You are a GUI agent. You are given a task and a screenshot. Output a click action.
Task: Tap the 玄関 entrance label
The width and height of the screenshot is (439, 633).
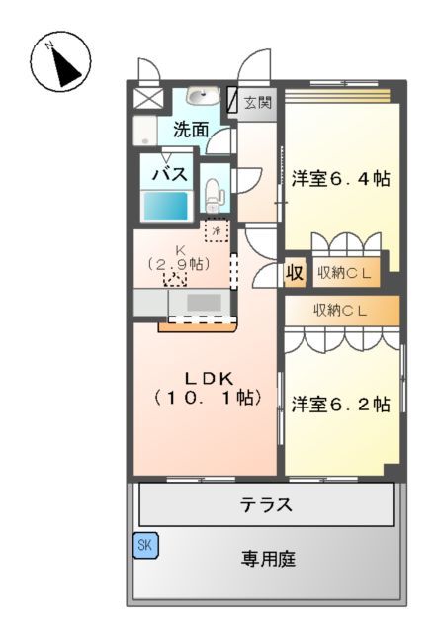pos(258,103)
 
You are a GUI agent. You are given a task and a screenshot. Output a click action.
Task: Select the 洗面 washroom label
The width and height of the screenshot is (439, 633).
pos(191,129)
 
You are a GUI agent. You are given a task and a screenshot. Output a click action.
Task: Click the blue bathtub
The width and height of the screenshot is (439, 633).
pos(167,205)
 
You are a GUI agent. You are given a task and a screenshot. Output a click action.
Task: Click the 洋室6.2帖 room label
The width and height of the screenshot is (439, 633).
pos(340,404)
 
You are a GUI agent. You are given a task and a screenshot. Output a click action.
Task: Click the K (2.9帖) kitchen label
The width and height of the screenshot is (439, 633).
pos(179,258)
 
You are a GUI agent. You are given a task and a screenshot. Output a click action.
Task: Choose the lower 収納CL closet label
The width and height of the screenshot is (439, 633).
pos(341,310)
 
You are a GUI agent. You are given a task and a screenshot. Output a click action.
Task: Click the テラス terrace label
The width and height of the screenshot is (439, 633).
pos(267,504)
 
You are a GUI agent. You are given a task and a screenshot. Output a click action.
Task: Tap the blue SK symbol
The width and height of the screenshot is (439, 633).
pos(145,545)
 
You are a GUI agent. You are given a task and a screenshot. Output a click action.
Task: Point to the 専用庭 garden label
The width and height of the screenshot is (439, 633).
pos(267,560)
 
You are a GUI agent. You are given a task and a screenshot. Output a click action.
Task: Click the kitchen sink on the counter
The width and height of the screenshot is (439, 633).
pos(204,302)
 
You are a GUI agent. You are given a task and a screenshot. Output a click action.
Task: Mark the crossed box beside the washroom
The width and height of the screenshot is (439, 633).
pos(152,99)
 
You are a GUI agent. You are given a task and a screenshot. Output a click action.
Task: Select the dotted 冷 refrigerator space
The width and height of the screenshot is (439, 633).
pos(216,229)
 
